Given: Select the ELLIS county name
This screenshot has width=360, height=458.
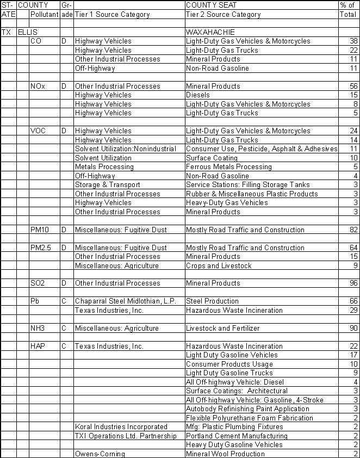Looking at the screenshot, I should [x=28, y=32].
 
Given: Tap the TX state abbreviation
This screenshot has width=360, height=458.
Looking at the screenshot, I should [x=7, y=32].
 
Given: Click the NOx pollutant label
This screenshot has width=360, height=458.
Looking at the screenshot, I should [x=38, y=86].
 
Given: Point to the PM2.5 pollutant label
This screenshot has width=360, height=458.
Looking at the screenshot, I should [x=40, y=247].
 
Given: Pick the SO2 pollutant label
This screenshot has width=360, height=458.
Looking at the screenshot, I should [x=38, y=283].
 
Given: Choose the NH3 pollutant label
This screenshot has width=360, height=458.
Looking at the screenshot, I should [x=38, y=328].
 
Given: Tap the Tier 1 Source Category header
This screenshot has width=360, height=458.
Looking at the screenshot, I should [x=112, y=15].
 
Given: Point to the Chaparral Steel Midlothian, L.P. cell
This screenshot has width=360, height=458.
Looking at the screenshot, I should [x=125, y=301].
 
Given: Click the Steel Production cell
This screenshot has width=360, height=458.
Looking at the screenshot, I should [x=212, y=301].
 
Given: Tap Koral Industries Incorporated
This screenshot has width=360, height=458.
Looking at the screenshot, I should [x=121, y=427].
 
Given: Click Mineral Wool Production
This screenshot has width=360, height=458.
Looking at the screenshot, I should [x=225, y=454].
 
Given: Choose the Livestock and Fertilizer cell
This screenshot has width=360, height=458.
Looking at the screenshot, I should [x=222, y=328].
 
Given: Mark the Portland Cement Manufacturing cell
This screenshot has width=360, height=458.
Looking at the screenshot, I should [x=237, y=436].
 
